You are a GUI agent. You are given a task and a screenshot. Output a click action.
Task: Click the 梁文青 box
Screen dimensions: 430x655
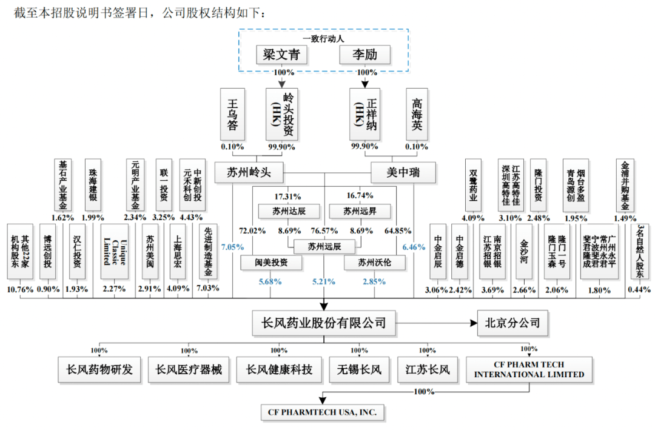pos(281,55)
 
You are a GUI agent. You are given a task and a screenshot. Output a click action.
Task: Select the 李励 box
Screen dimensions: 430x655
pos(365,55)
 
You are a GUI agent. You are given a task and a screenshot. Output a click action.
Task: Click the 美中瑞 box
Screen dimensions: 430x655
pos(403,173)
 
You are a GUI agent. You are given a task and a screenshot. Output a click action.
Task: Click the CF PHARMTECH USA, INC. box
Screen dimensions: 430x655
pos(322,412)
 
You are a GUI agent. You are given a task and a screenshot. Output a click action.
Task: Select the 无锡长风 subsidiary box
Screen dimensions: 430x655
pos(360,369)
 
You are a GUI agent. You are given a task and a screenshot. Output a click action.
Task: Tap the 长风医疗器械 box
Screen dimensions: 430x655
pos(189,369)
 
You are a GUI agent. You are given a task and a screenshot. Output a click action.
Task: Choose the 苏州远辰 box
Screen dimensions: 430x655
pos(324,246)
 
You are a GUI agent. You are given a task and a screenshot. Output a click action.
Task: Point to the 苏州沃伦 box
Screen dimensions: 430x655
pos(374,263)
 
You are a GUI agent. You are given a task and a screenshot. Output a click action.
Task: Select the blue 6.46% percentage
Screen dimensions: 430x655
pos(414,247)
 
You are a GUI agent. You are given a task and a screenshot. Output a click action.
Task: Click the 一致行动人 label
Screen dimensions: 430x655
pos(323,39)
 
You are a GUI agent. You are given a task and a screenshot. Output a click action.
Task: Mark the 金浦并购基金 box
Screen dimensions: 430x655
pos(625,185)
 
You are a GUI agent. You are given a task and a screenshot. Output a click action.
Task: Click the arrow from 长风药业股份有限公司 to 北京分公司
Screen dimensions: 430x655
pos(437,322)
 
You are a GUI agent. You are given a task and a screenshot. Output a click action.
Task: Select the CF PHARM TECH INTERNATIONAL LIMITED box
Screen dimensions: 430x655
pos(529,369)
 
